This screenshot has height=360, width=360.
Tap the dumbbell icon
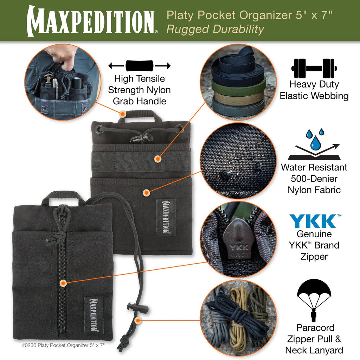tap(314, 68)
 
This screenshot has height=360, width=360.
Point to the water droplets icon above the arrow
tap(315, 138)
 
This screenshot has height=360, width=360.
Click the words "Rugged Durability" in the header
tap(215, 30)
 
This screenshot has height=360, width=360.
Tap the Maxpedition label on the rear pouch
tap(166, 217)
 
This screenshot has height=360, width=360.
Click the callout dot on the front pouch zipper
tap(63, 283)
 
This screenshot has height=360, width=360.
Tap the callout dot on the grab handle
tap(123, 114)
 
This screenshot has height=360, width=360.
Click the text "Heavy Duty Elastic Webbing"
tap(314, 90)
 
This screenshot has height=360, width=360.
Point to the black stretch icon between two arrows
tap(139, 66)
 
